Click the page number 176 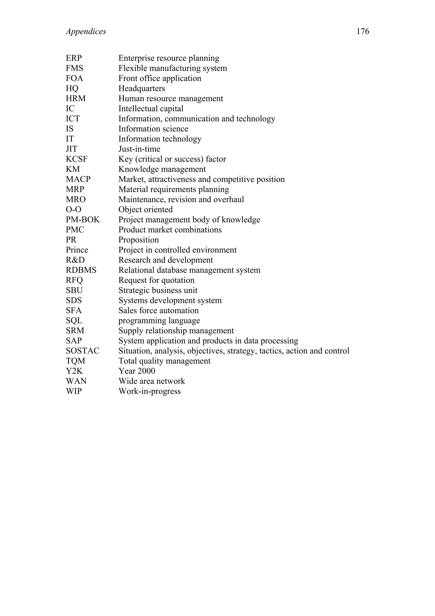(362, 31)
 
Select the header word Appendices (86, 32)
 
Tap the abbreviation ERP (74, 58)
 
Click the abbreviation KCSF (77, 159)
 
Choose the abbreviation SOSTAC (83, 351)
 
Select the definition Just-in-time (139, 149)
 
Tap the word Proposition (138, 240)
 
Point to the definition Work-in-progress (150, 391)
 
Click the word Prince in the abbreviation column (77, 250)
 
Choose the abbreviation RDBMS (81, 270)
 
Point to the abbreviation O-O (73, 210)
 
